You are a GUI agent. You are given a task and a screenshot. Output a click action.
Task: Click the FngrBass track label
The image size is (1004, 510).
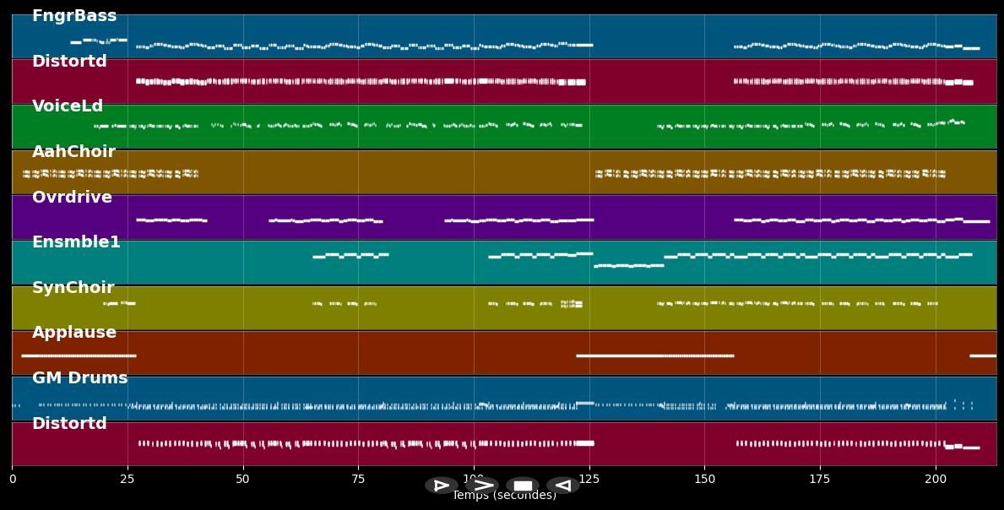pos(74,16)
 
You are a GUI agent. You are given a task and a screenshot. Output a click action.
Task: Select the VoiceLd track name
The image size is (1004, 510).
pos(68,106)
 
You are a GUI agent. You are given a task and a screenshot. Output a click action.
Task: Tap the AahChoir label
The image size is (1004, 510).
pos(73,152)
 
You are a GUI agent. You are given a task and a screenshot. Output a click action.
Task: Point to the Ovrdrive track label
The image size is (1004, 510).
pos(72,198)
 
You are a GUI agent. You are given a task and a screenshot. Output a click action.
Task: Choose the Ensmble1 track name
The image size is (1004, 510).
pos(76,242)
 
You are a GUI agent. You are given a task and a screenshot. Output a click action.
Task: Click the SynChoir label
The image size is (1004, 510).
pos(73,288)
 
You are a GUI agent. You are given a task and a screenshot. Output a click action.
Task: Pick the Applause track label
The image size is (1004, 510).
pos(74,333)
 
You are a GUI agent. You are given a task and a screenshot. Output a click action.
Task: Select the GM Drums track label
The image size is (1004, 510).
pos(79,378)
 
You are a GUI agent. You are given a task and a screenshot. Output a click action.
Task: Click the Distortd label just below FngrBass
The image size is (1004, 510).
pos(69,62)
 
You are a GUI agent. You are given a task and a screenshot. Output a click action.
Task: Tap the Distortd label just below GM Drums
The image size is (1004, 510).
pos(69,424)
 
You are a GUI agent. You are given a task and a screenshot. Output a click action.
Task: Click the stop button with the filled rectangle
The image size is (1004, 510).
pos(523,486)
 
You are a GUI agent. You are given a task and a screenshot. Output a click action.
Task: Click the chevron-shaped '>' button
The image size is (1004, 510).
pos(482,486)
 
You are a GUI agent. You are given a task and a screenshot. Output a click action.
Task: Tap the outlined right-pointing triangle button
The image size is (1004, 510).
pos(441,486)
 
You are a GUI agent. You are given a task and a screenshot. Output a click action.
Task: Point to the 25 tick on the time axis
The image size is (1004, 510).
pos(128,480)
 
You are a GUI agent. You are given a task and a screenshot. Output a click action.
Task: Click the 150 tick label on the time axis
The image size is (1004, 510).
pos(704,480)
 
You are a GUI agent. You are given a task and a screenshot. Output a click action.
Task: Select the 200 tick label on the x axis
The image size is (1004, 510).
pos(936,480)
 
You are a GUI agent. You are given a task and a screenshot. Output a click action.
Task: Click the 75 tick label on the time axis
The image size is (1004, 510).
pos(358,480)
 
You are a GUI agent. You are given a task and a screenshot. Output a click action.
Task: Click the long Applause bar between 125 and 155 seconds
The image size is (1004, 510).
pos(654,355)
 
